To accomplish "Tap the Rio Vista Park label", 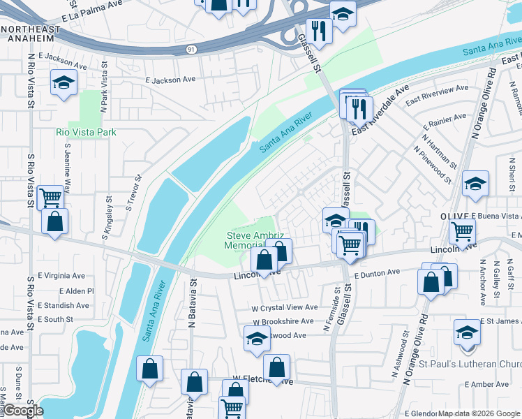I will (x=87, y=132).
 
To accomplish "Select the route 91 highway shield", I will (x=191, y=49).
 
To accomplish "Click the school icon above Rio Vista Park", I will (x=64, y=84).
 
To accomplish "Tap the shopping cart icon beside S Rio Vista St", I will (x=50, y=198).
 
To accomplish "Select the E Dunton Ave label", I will (x=376, y=274).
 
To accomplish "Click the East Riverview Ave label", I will (x=438, y=90).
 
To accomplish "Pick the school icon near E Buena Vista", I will (x=476, y=183).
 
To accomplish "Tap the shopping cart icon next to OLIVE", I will (x=462, y=231).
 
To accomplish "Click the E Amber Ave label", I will (x=489, y=385).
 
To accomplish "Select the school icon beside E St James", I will (x=467, y=332).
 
